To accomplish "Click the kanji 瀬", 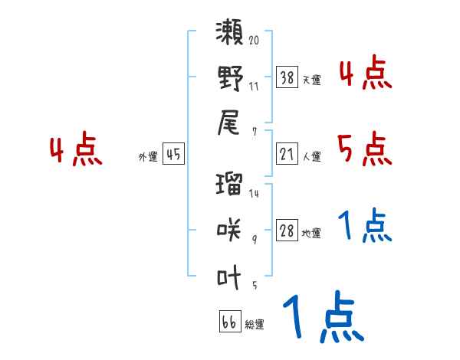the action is click(230, 34).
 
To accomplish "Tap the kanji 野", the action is click(230, 78).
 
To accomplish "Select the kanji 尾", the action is click(230, 123).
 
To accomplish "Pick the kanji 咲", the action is click(230, 228).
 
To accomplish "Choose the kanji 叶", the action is click(230, 274).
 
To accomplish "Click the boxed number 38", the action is click(287, 77).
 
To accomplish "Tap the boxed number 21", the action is click(287, 155).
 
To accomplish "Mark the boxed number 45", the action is click(173, 155).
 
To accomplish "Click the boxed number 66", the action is click(229, 322).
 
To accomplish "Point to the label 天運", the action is click(311, 79).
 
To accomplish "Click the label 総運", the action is click(254, 324).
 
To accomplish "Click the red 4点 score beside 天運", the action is click(364, 74).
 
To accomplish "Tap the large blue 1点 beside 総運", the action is click(322, 318).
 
